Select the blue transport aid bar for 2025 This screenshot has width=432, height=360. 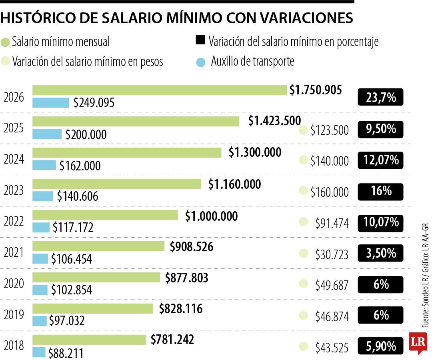pyautogui.click(x=47, y=134)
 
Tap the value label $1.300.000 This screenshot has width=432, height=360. pyautogui.click(x=255, y=152)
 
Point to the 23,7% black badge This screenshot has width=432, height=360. pyautogui.click(x=380, y=97)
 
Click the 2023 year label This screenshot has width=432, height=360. pyautogui.click(x=14, y=190)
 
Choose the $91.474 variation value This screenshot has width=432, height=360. pyautogui.click(x=332, y=223)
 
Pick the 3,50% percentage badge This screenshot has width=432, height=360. pyautogui.click(x=380, y=253)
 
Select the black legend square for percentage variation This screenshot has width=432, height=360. pyautogui.click(x=200, y=40)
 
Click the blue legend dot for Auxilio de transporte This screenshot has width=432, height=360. pyautogui.click(x=201, y=62)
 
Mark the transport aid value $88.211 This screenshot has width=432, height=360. pyautogui.click(x=66, y=353)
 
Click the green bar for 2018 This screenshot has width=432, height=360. pyautogui.click(x=89, y=340)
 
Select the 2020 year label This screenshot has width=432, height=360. pyautogui.click(x=14, y=284)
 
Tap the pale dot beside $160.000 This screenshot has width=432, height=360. pyautogui.click(x=304, y=191)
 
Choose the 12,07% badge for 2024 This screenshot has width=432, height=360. pyautogui.click(x=380, y=160)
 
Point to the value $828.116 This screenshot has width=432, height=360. pyautogui.click(x=181, y=308)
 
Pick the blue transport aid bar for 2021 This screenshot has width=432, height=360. pyautogui.click(x=40, y=258)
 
